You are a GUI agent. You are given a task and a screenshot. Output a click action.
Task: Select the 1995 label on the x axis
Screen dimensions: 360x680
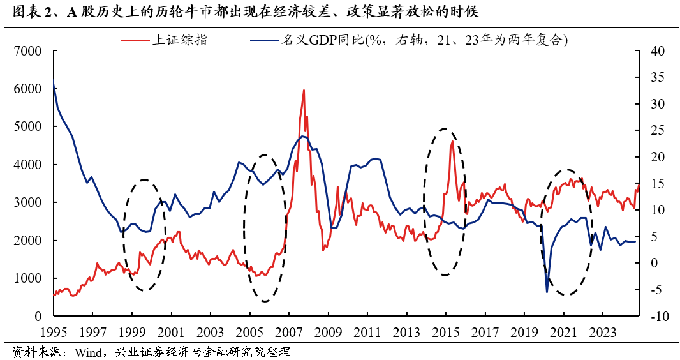coord(54,332)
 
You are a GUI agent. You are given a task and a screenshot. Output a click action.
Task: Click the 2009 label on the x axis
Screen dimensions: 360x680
coord(329,332)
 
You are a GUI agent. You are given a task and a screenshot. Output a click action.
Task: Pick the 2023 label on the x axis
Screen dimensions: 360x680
coord(603,332)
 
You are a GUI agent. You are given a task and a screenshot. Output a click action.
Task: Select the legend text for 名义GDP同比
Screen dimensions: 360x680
coord(322,40)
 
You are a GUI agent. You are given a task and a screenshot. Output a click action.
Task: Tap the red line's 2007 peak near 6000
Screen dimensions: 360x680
coord(304,90)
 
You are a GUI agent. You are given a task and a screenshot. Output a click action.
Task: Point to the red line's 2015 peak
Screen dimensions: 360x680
coord(452,141)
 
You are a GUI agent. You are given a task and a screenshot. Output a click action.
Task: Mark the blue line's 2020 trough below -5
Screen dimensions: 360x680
coord(547,292)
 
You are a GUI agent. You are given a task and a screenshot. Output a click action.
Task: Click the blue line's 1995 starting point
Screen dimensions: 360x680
coord(54,87)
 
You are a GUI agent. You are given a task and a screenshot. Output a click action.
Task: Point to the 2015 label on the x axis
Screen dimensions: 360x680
coord(446,332)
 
